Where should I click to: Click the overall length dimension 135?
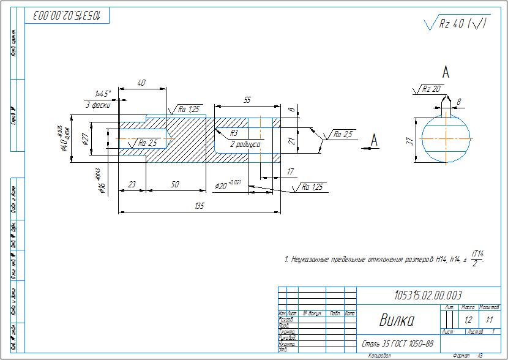pos(198,206)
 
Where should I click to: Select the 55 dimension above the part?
pos(247,99)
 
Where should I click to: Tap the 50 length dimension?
pos(174,184)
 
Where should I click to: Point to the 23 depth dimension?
pos(132,184)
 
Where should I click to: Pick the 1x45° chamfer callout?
pos(102,94)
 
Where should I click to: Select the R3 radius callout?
pos(234,133)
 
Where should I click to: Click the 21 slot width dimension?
pos(292,141)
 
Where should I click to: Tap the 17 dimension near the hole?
pos(290,172)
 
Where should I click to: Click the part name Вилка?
pos(397,320)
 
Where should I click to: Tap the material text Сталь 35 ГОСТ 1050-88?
pos(398,343)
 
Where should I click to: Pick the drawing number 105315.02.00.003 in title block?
pos(428,294)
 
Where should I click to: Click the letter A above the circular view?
pos(446,73)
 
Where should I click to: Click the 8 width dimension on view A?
pos(459,101)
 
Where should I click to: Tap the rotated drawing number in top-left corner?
pos(67,15)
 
